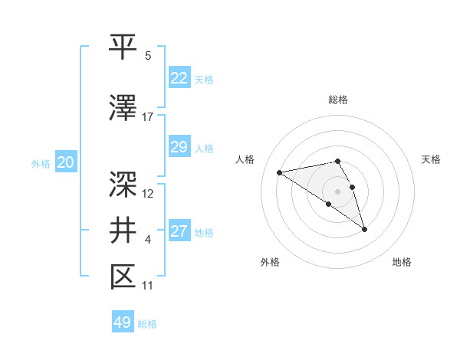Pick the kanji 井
tap(123, 230)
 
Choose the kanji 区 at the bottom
tap(123, 276)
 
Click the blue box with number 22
tap(179, 78)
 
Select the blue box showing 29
tap(179, 147)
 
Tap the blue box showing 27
tap(179, 231)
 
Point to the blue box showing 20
tap(66, 162)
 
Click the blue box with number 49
tap(123, 322)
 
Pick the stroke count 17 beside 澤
tap(148, 116)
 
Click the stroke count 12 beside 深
tap(148, 193)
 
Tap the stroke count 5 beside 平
tap(148, 56)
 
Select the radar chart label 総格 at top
tap(337, 100)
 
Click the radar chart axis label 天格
tap(431, 159)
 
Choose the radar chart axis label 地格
tap(402, 262)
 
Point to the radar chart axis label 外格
tap(270, 262)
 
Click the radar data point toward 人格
tap(280, 172)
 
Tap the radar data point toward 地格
tap(364, 229)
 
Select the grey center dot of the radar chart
tap(337, 191)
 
